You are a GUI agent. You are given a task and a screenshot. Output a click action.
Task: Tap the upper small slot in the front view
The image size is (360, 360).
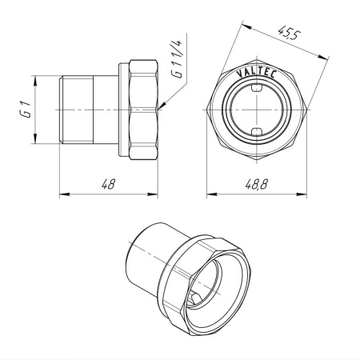pos(258,91)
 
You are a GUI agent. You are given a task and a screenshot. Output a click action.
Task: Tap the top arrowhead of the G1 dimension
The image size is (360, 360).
pos(34,78)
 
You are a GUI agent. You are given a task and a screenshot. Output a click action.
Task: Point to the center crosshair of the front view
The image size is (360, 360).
pos(258,110)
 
